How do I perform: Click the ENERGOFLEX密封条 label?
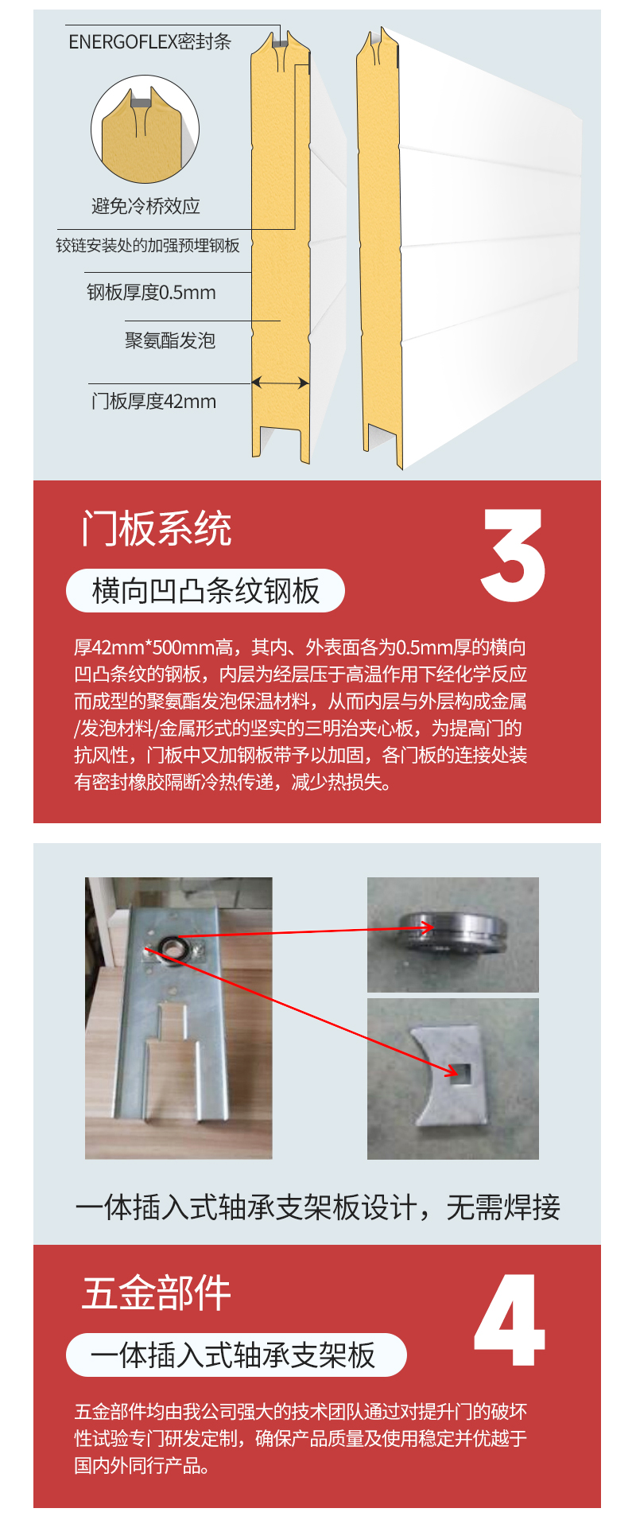149,41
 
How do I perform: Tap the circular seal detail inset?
145,130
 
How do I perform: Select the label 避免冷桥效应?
145,207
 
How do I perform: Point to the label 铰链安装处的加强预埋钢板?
148,245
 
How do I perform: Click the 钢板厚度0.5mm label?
151,293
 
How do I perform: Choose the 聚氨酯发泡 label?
170,340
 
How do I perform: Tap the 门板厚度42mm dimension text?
153,401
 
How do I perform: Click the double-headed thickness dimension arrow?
281,383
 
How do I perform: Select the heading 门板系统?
157,529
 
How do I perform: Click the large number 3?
513,554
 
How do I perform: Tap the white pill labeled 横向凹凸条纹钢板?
205,591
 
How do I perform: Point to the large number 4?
510,1320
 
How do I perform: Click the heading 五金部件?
157,1293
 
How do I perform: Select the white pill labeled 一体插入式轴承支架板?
236,1355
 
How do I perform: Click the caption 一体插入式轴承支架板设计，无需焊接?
318,1207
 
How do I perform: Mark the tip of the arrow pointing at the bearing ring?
434,927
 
